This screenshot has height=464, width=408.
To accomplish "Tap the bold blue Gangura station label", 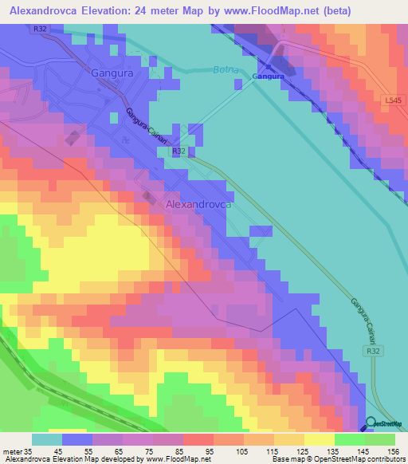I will pos(269,77).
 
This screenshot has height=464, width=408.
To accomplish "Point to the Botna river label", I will pos(226,70).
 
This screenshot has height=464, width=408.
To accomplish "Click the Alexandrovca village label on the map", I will pos(198,205).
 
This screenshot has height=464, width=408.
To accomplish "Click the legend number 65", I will pos(122,450).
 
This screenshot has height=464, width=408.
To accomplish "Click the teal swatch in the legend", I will pos(46,439).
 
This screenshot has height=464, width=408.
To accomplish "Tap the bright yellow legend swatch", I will pos(320,439).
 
